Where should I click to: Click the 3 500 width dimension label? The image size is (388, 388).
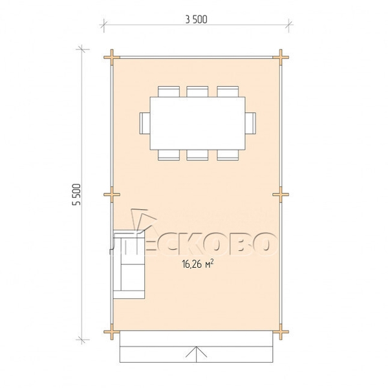(x=196, y=19)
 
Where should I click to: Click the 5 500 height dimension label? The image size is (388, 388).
(x=76, y=195)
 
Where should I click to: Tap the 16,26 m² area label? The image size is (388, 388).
(x=198, y=264)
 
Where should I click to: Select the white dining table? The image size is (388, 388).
(x=197, y=124)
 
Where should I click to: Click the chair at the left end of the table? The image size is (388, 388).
(x=145, y=124)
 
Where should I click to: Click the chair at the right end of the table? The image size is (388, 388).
(x=250, y=124)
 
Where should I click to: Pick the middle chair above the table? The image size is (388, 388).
(x=197, y=92)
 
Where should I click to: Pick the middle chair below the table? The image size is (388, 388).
(x=197, y=155)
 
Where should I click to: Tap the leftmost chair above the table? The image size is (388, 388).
(x=169, y=92)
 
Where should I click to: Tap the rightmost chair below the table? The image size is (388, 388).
(x=228, y=155)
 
